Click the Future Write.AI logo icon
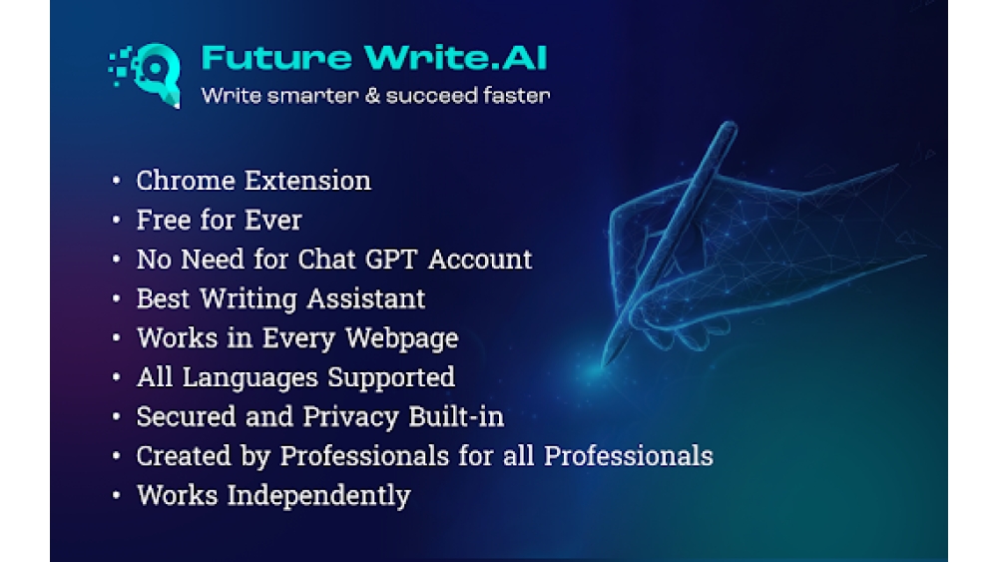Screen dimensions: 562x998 point(146,72)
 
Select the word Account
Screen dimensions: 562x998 point(480,260)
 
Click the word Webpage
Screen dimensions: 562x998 point(402,338)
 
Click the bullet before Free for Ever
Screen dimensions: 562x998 point(118,221)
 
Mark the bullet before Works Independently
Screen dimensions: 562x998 point(118,496)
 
